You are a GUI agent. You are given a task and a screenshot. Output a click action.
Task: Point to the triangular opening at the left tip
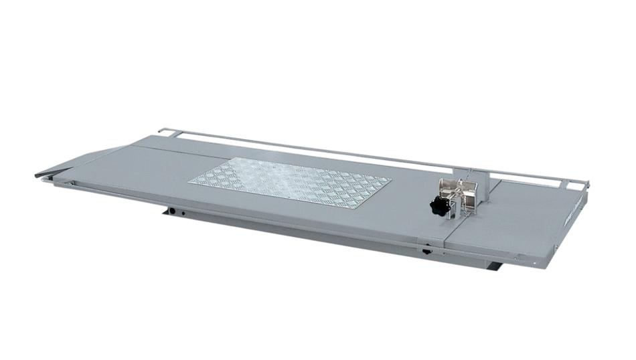pyautogui.click(x=54, y=177)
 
